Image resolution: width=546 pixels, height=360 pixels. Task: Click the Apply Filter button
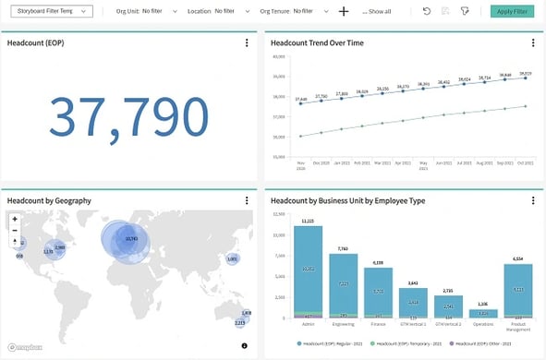pos(513,11)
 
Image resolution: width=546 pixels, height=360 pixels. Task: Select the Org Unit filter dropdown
pos(139,11)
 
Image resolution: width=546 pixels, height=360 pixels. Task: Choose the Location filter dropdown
pos(212,11)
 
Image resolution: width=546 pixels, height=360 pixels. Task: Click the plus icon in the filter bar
pos(344,11)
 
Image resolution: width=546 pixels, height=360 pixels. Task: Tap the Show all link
pos(376,12)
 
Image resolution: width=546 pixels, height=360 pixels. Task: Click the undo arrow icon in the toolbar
pos(426,11)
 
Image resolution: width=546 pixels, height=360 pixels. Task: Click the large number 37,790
pos(128,115)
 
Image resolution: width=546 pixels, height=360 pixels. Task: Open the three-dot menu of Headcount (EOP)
pos(247,43)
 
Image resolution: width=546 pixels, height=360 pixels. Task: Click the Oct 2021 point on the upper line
pos(527,78)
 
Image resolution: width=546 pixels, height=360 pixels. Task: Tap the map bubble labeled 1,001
pos(232,259)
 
